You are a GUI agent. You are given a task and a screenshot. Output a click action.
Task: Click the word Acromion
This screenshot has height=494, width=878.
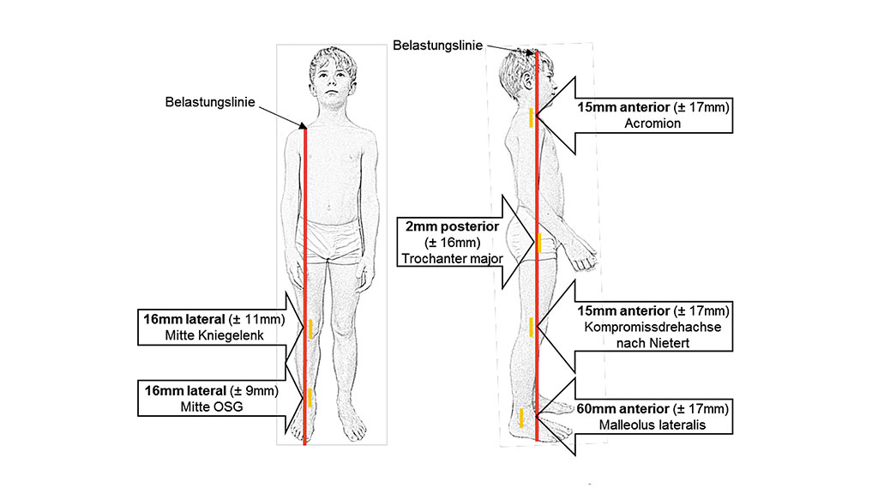(653, 123)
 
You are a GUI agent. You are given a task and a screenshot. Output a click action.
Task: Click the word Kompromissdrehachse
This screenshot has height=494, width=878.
(654, 326)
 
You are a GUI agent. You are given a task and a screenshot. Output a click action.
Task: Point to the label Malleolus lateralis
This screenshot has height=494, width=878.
(654, 424)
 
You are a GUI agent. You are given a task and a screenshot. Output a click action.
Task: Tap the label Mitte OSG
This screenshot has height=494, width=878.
(211, 407)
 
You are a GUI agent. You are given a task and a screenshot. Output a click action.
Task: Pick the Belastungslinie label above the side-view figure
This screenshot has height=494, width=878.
(437, 45)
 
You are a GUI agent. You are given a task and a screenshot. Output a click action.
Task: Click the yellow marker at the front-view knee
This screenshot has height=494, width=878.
(310, 328)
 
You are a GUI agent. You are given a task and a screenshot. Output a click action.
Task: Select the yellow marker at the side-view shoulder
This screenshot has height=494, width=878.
(532, 118)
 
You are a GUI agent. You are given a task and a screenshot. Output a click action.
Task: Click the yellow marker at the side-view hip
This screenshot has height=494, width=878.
(539, 243)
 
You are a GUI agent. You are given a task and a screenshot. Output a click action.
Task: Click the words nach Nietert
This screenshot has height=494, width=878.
(654, 342)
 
